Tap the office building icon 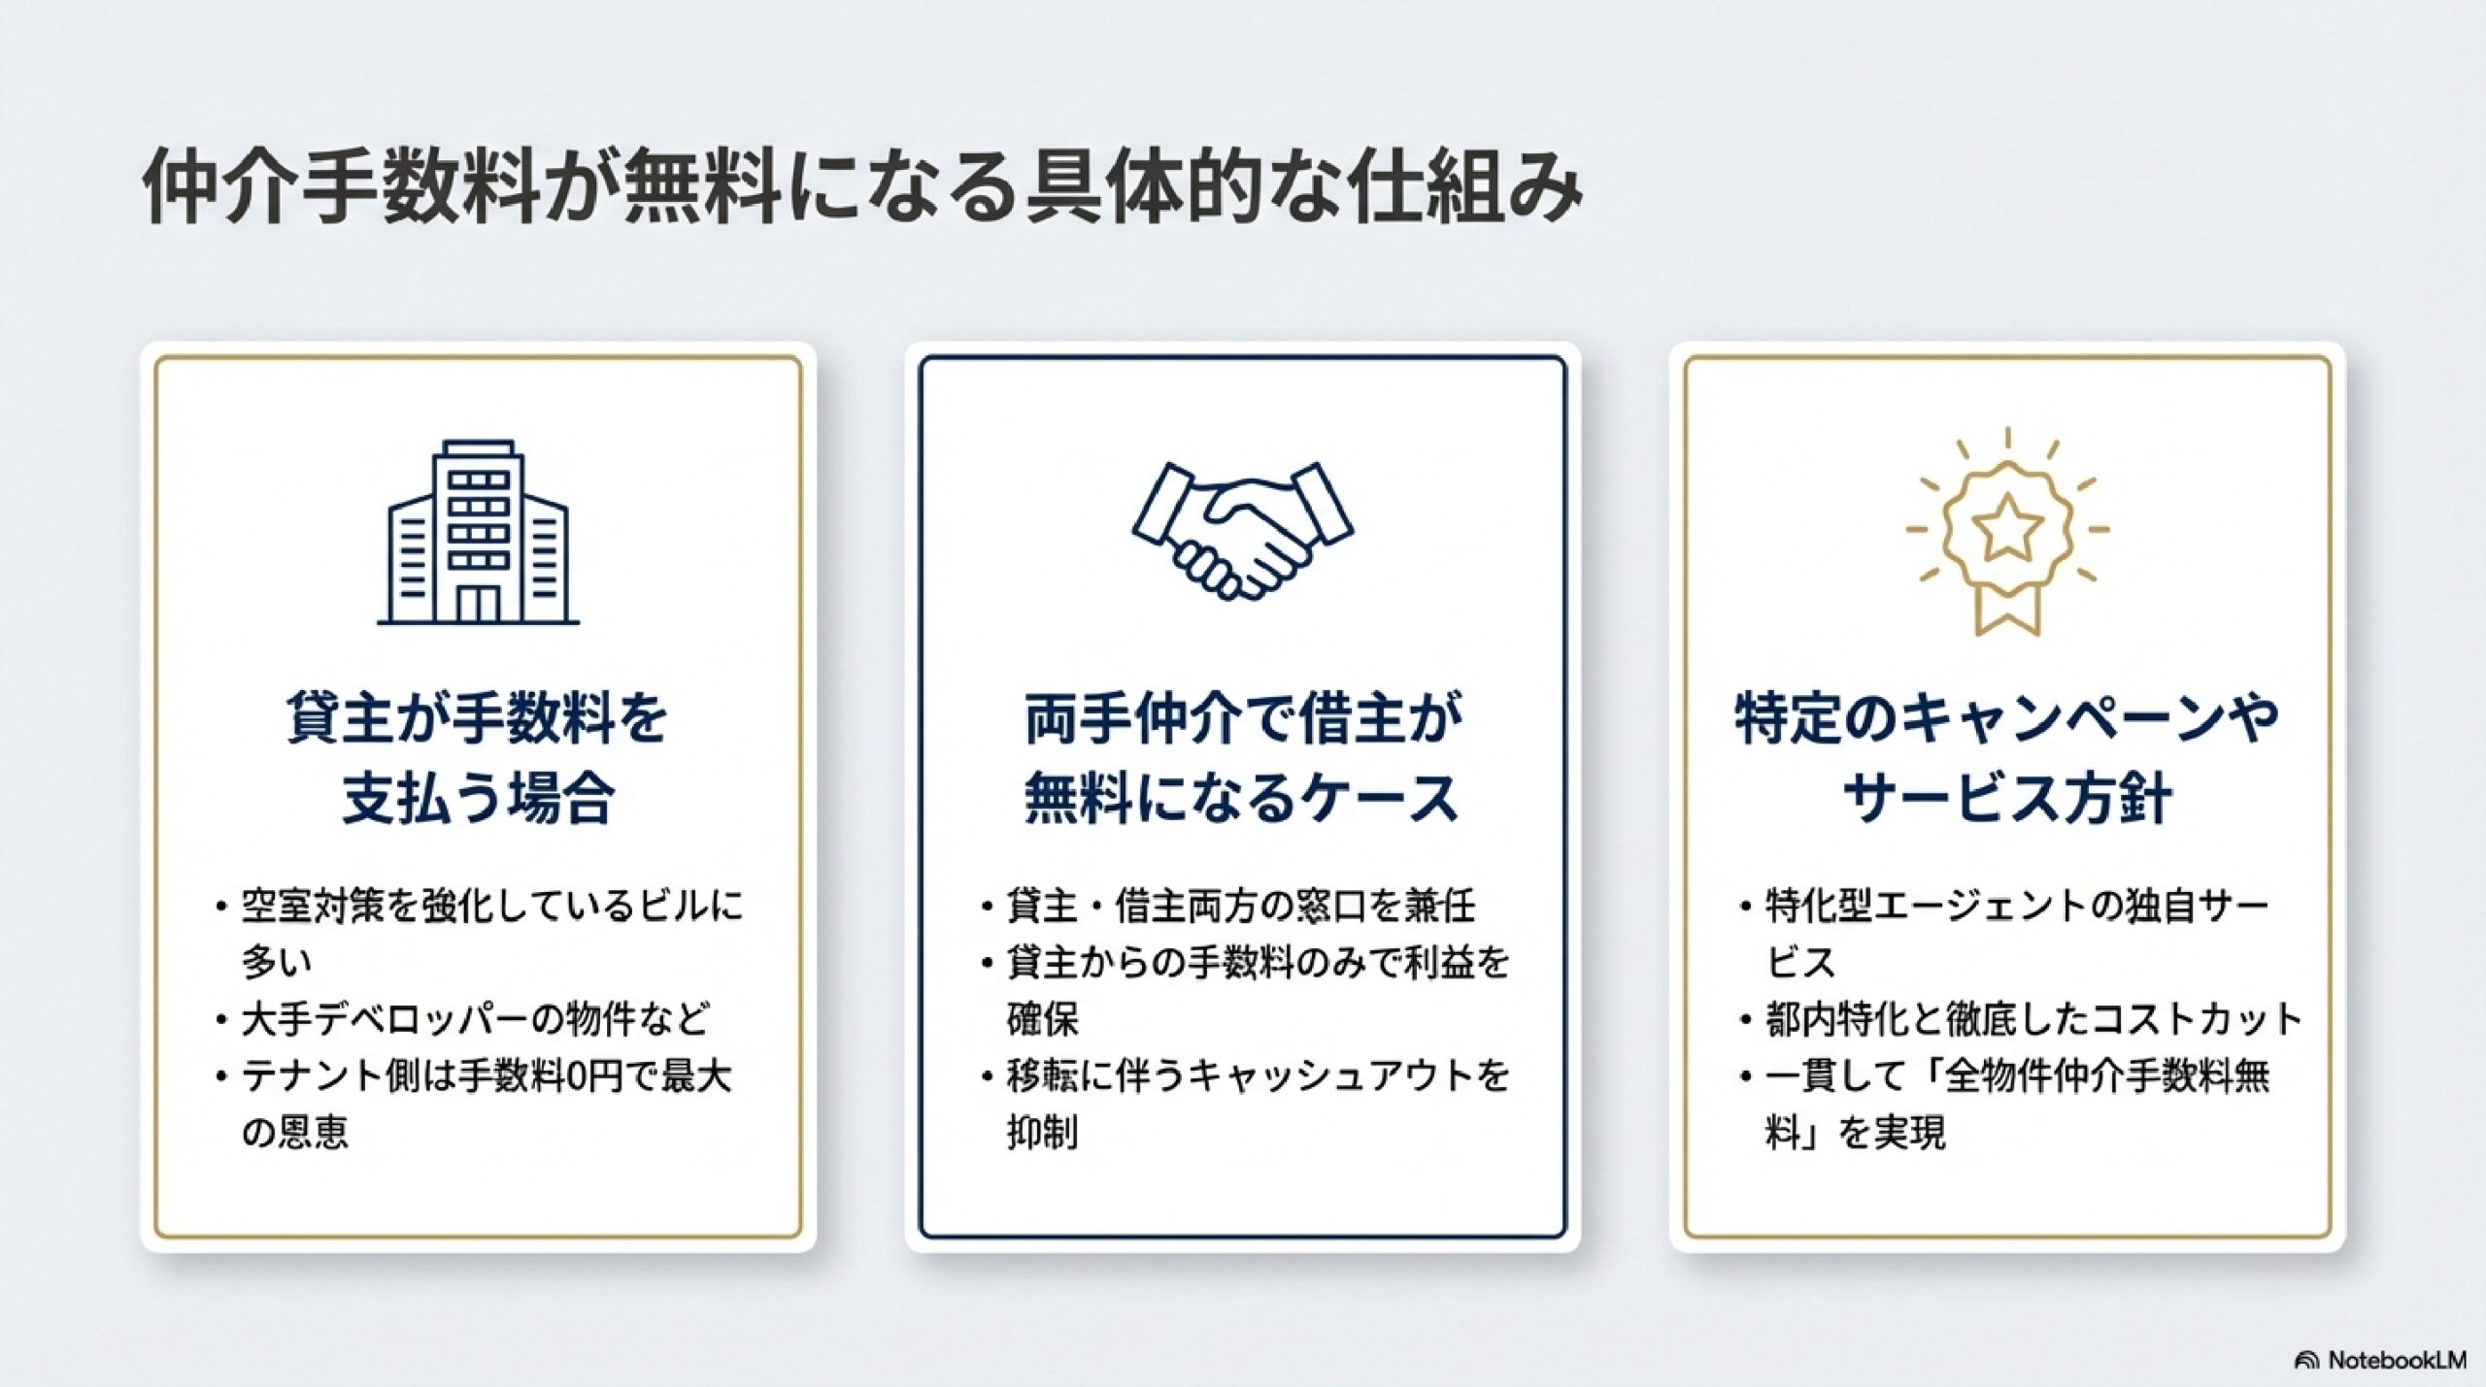click(478, 532)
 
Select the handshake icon click(1243, 530)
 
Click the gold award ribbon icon click(2007, 532)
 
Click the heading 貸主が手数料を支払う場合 click(478, 758)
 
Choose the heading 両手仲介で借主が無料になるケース click(1243, 758)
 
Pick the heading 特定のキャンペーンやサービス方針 click(2007, 758)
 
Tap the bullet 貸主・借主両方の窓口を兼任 click(1241, 907)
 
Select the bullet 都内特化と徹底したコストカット click(2034, 1019)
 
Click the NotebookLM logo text click(2397, 1361)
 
